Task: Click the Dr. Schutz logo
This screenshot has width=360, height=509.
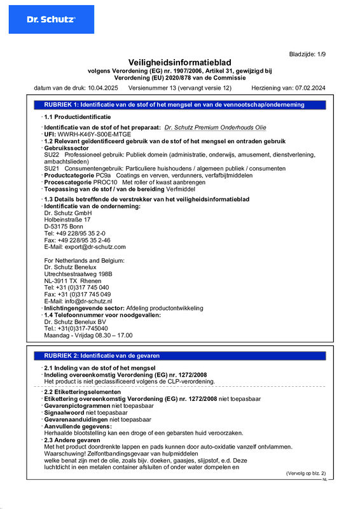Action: [51, 20]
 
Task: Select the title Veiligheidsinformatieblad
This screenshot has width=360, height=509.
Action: [180, 62]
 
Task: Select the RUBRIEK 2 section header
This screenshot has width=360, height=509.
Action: [102, 356]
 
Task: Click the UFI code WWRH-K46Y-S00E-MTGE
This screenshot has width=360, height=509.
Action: [95, 135]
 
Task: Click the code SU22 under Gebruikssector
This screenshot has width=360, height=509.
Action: [52, 155]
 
